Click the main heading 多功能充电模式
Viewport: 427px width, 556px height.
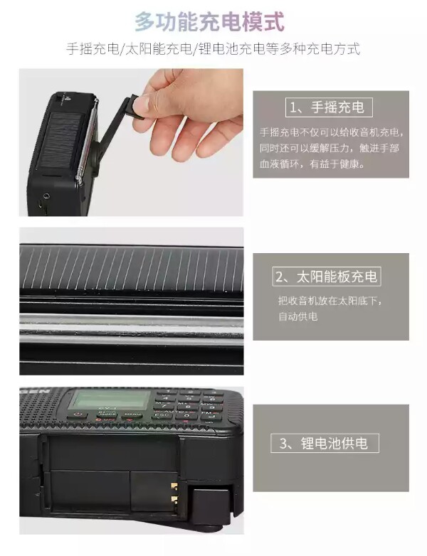209,21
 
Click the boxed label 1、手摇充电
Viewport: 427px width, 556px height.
329,107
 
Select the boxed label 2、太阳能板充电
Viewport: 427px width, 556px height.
327,277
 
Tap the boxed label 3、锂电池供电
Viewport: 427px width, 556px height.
325,443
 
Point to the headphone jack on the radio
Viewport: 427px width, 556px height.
46,196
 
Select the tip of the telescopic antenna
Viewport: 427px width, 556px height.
96,100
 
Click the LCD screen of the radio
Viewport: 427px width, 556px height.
110,399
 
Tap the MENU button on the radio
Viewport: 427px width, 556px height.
132,415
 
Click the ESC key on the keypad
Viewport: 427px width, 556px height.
162,416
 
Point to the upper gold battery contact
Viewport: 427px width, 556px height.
174,485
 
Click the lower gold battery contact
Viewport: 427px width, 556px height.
174,499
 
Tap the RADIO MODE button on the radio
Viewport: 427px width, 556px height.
107,415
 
